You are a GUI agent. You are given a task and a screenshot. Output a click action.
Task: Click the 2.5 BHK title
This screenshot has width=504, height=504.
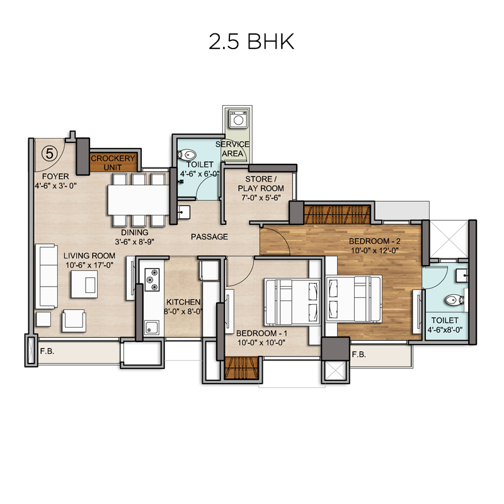(251, 42)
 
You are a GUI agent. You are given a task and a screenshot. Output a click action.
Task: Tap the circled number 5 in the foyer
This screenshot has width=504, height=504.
(50, 153)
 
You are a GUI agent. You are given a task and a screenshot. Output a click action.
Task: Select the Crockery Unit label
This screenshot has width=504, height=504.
(113, 163)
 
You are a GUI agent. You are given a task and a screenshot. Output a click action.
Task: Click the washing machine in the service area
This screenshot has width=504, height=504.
(238, 119)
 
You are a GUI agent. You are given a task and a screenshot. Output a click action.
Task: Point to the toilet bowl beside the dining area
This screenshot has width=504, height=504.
(186, 155)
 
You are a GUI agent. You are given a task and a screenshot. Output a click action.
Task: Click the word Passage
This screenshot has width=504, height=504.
(209, 237)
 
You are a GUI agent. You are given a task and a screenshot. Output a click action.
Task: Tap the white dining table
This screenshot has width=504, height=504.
(138, 200)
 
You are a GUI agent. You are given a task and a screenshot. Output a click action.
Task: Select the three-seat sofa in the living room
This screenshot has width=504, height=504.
(47, 277)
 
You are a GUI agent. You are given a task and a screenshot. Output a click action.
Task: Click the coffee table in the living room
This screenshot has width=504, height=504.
(84, 284)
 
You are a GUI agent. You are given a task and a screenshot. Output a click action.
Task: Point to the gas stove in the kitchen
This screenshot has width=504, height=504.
(152, 280)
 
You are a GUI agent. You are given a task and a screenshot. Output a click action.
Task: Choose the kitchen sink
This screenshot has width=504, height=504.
(151, 328)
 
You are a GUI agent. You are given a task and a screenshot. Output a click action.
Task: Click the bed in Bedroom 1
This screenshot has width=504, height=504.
(292, 302)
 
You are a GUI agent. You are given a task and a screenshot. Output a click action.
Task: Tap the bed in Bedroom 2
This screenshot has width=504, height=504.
(354, 299)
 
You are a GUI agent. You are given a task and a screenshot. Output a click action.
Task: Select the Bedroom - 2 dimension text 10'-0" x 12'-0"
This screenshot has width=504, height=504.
(375, 250)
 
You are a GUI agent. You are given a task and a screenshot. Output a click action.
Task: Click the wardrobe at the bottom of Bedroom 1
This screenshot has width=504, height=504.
(241, 368)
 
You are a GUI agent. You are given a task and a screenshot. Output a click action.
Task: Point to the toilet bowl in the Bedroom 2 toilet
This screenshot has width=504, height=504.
(454, 301)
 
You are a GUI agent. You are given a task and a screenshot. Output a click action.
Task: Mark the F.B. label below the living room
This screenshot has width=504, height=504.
(47, 352)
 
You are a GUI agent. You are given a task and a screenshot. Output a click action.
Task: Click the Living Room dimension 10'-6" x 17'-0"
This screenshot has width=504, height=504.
(89, 265)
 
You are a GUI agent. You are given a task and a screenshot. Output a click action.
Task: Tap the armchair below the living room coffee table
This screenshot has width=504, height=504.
(74, 321)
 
